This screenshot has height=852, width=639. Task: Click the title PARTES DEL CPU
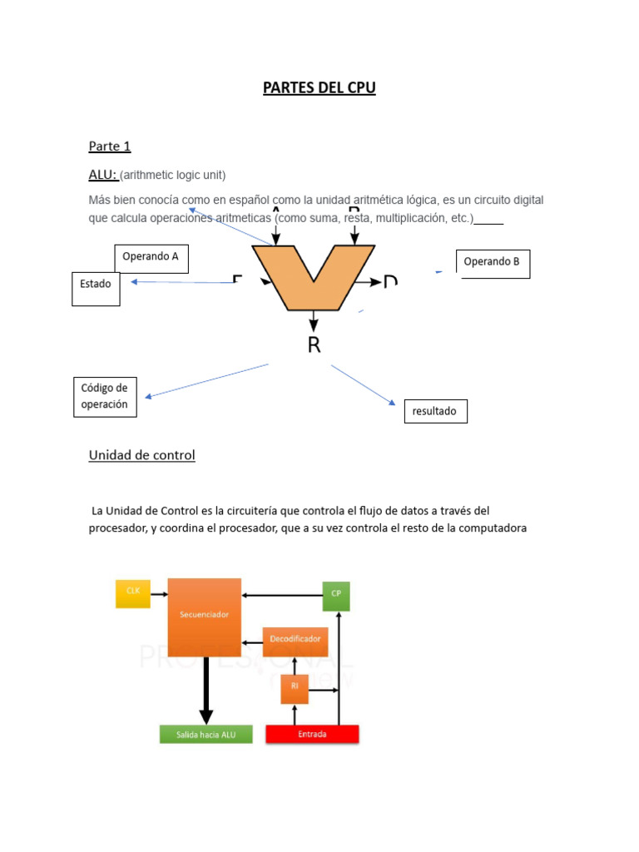[x=319, y=88]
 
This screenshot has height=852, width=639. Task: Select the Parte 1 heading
[x=110, y=146]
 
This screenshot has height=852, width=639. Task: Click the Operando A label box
[x=151, y=258]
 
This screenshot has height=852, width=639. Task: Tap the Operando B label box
[x=493, y=263]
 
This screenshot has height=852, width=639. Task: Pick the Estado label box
[x=96, y=288]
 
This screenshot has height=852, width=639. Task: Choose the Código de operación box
[x=105, y=397]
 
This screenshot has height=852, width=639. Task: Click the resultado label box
[x=435, y=411]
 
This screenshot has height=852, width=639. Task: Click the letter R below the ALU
[x=314, y=345]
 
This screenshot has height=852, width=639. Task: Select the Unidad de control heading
[x=141, y=455]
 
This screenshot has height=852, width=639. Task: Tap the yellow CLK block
[x=133, y=593]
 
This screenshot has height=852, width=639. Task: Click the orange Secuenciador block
[x=205, y=616]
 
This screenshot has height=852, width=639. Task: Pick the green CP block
[x=336, y=594]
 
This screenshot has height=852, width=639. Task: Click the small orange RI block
[x=295, y=687]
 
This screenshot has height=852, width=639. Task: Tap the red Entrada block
[x=312, y=734]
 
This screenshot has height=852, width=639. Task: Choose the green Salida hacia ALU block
[x=206, y=734]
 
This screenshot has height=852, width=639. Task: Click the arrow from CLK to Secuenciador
[x=159, y=594]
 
